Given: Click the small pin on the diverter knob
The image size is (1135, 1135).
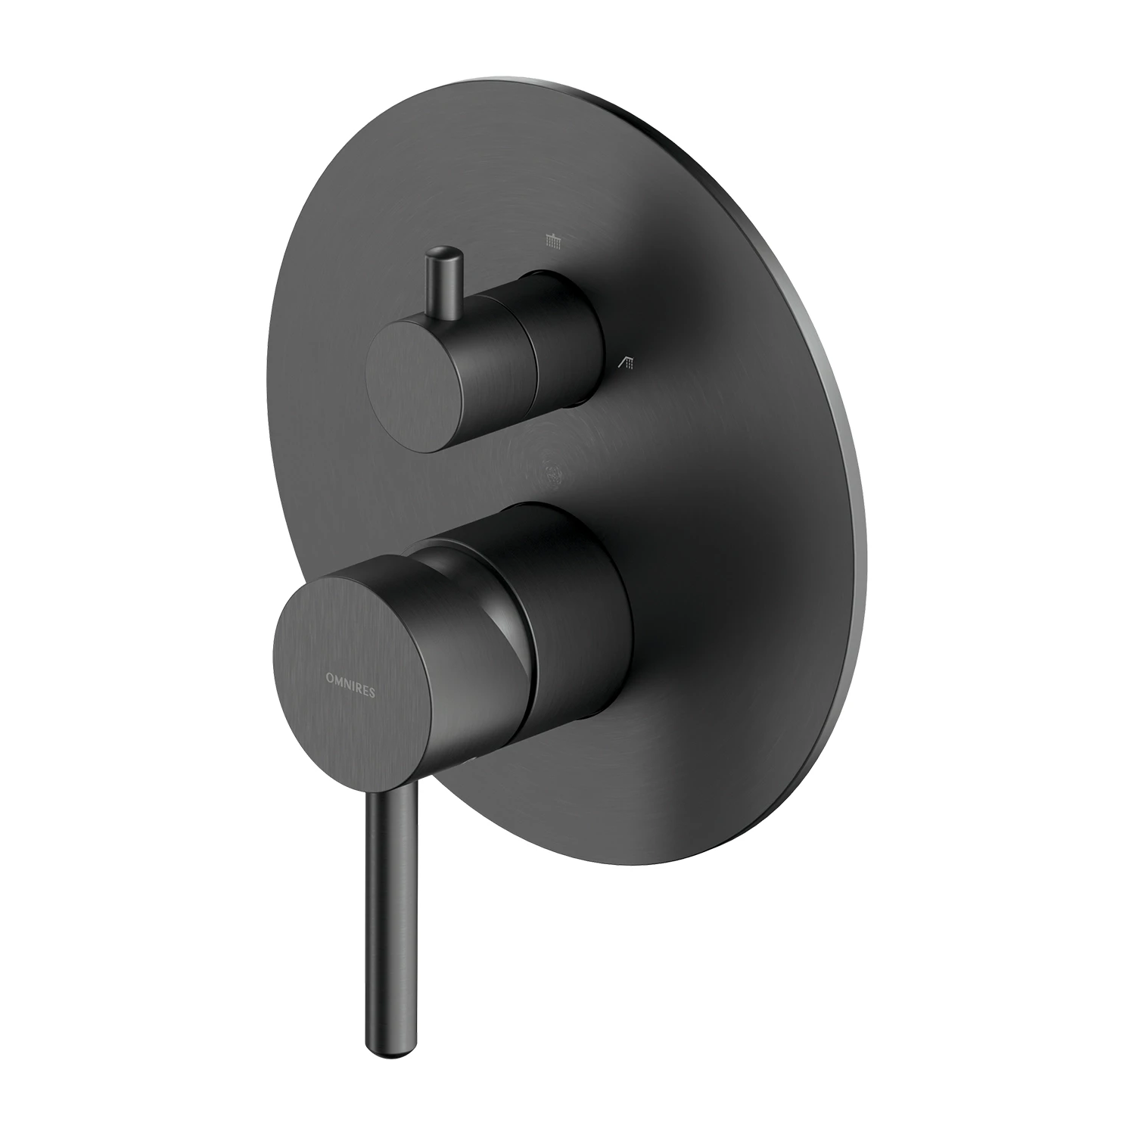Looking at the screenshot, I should pyautogui.click(x=443, y=284).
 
